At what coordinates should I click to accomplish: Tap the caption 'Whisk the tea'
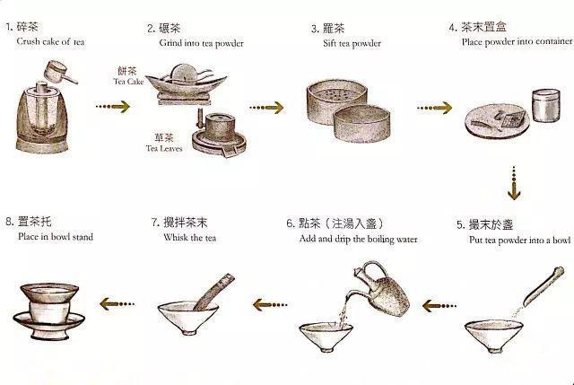pos(188,239)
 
